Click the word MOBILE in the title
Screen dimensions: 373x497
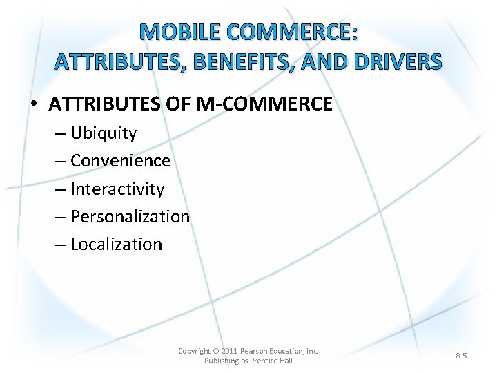tap(178, 32)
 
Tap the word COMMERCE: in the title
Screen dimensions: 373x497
tap(295, 32)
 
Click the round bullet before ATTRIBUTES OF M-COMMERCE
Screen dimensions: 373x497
tap(34, 105)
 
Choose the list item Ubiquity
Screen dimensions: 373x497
tap(104, 133)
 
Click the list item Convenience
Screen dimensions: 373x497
tap(120, 161)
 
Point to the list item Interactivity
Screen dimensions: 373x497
tap(117, 189)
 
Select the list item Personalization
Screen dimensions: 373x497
tap(130, 216)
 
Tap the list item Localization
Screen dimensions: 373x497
tap(116, 244)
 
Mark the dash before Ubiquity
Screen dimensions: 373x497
tap(60, 133)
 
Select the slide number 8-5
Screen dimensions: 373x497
tap(461, 356)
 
